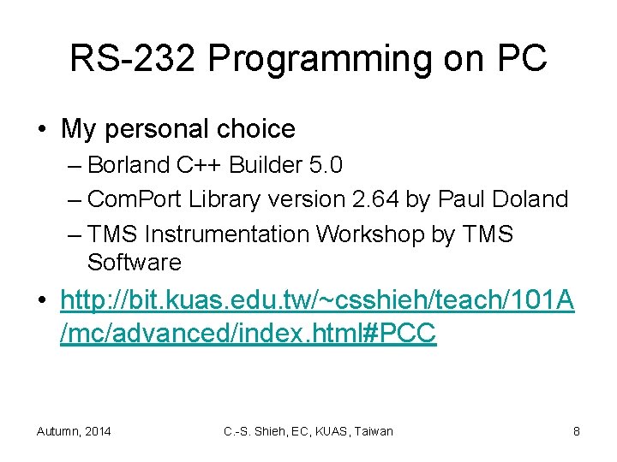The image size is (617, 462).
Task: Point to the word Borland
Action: (129, 164)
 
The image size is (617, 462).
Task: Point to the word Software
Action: (135, 262)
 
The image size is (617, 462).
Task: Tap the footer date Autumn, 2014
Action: (74, 431)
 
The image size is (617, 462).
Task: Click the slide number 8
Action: (576, 431)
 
